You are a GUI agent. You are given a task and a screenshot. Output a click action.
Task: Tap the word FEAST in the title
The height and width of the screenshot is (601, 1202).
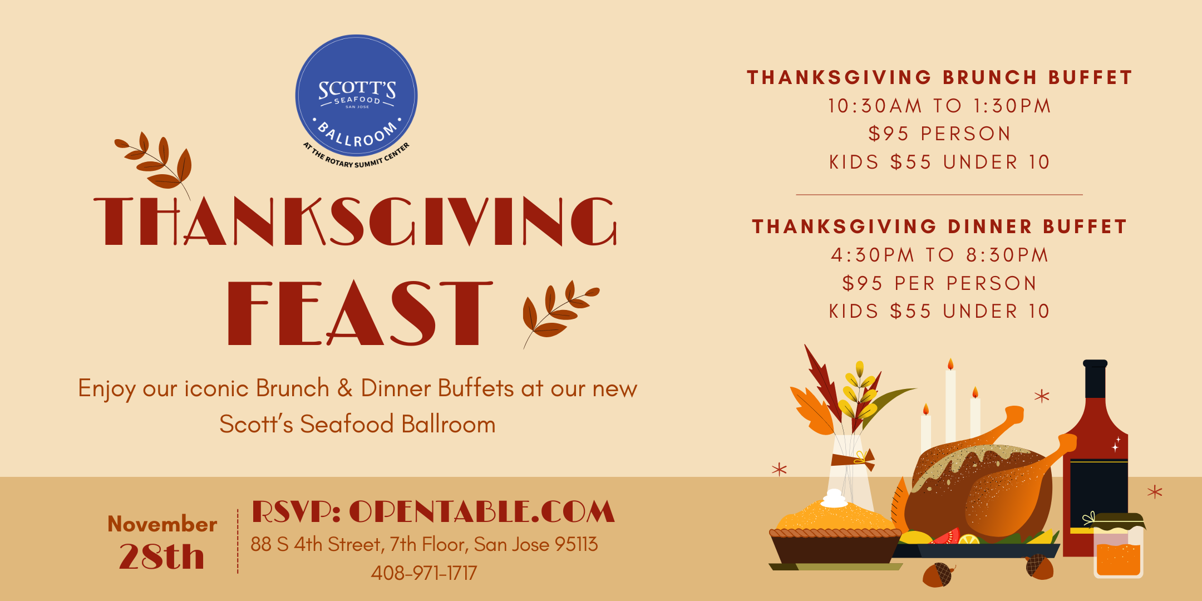pyautogui.click(x=360, y=313)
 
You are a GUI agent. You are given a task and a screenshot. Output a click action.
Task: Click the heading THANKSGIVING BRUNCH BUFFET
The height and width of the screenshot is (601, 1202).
pyautogui.click(x=939, y=77)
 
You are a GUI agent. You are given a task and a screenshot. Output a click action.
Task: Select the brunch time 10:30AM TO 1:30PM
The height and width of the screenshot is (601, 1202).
pyautogui.click(x=939, y=106)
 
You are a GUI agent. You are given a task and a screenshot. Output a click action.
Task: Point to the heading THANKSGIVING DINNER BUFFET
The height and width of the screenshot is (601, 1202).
pyautogui.click(x=939, y=226)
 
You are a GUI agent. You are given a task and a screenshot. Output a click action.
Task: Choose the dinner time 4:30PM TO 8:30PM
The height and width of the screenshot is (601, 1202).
pyautogui.click(x=939, y=255)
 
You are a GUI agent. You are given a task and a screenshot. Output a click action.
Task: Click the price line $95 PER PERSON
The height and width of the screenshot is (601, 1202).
pyautogui.click(x=939, y=283)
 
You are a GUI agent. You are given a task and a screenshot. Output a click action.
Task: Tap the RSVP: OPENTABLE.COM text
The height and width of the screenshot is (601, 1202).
pyautogui.click(x=433, y=511)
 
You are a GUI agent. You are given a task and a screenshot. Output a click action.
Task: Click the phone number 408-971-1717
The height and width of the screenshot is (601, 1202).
pyautogui.click(x=424, y=573)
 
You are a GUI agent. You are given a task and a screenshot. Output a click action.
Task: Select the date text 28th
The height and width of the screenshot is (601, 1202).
pyautogui.click(x=161, y=556)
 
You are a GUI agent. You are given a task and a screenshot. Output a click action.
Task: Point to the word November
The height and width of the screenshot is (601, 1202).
pyautogui.click(x=162, y=524)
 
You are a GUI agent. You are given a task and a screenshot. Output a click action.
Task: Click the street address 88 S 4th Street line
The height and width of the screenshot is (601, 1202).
pyautogui.click(x=424, y=544)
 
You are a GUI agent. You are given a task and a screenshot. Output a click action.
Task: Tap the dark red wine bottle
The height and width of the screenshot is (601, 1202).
pyautogui.click(x=1095, y=462)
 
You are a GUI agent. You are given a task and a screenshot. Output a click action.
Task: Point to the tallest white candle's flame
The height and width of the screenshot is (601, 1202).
pyautogui.click(x=950, y=364)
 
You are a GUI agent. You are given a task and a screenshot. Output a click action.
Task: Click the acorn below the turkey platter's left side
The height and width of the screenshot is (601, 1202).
pyautogui.click(x=939, y=574)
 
